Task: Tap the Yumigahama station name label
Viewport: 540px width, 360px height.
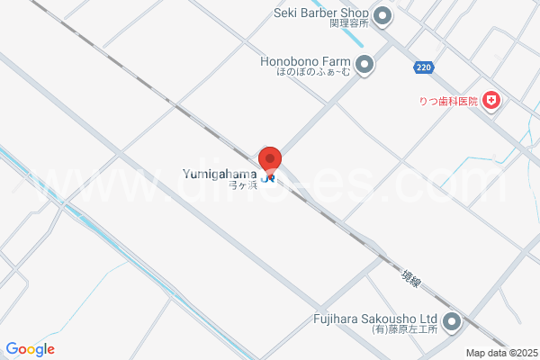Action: pyautogui.click(x=220, y=173)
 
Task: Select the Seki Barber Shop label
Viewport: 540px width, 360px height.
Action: pyautogui.click(x=320, y=13)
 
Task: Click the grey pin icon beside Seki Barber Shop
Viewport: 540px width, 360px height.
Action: pyautogui.click(x=382, y=15)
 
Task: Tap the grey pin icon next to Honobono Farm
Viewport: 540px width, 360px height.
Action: pyautogui.click(x=364, y=64)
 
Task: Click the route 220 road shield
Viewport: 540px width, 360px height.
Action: pyautogui.click(x=424, y=68)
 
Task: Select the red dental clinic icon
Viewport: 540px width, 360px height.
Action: pyautogui.click(x=490, y=100)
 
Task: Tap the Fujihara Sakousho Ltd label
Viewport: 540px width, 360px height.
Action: pyautogui.click(x=375, y=319)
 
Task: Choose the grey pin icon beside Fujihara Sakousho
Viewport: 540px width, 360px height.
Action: pyautogui.click(x=452, y=321)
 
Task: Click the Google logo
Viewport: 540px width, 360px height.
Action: pyautogui.click(x=30, y=349)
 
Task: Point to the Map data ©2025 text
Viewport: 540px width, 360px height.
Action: pyautogui.click(x=499, y=353)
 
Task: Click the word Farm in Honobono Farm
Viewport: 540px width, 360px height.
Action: pyautogui.click(x=333, y=61)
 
